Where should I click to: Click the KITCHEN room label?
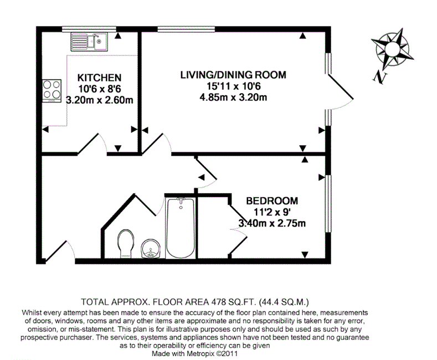pyautogui.click(x=99, y=78)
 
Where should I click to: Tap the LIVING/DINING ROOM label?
pyautogui.click(x=233, y=75)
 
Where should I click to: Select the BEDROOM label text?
pyautogui.click(x=272, y=200)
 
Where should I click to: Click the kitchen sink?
pyautogui.click(x=89, y=42)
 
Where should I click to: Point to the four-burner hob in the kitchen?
pyautogui.click(x=52, y=91)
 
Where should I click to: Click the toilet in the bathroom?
pyautogui.click(x=126, y=244)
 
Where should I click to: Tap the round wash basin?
pyautogui.click(x=151, y=248)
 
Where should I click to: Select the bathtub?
pyautogui.click(x=181, y=228)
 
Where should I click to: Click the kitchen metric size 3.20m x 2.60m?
pyautogui.click(x=100, y=100)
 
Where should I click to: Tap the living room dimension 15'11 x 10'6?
pyautogui.click(x=234, y=86)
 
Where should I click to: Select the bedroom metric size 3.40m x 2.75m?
pyautogui.click(x=272, y=223)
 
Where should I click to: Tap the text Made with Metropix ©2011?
pyautogui.click(x=194, y=354)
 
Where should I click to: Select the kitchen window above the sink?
pyautogui.click(x=89, y=29)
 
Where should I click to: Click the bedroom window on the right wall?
pyautogui.click(x=328, y=203)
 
